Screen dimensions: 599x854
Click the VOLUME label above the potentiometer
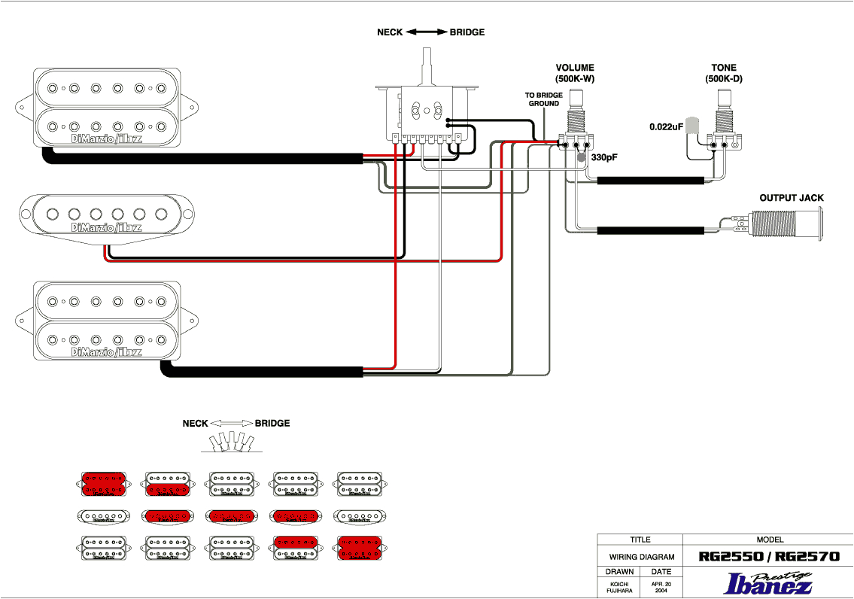tap(575, 68)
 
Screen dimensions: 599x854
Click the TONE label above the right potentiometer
tap(723, 68)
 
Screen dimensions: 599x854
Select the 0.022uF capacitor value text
tap(666, 127)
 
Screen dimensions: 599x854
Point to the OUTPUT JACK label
tap(791, 198)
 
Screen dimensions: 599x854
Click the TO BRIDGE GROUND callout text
tap(543, 99)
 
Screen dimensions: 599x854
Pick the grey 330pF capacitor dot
tap(582, 158)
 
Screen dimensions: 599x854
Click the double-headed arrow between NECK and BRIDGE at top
tap(427, 32)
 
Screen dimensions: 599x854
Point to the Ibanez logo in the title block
tap(768, 583)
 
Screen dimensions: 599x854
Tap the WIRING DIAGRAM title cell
tap(640, 558)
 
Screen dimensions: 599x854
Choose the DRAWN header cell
tap(618, 572)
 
